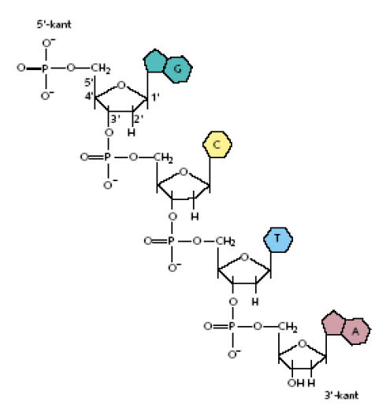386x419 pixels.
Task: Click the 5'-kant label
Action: (54, 24)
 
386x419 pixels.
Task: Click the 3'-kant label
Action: (341, 395)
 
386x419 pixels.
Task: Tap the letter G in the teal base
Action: (177, 69)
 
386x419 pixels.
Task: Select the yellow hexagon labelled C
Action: (217, 144)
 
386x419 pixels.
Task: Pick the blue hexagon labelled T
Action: (278, 239)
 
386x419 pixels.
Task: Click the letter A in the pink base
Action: (355, 332)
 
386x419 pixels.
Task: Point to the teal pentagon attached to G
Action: (154, 61)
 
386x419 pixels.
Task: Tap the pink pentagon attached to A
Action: (332, 323)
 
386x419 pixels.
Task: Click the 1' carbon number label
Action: (155, 98)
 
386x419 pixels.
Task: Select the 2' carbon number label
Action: (139, 119)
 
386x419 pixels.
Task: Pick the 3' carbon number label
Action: (115, 119)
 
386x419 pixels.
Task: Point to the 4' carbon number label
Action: (89, 96)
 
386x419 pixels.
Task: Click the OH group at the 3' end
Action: (296, 383)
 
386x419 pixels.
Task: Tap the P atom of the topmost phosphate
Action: (45, 69)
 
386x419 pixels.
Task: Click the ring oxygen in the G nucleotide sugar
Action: (121, 85)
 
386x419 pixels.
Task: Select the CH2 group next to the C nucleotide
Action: (163, 158)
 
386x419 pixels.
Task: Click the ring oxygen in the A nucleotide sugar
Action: (302, 343)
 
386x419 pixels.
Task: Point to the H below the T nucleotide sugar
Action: (255, 302)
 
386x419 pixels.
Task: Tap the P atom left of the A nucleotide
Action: (232, 326)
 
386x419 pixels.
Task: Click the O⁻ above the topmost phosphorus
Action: (48, 43)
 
